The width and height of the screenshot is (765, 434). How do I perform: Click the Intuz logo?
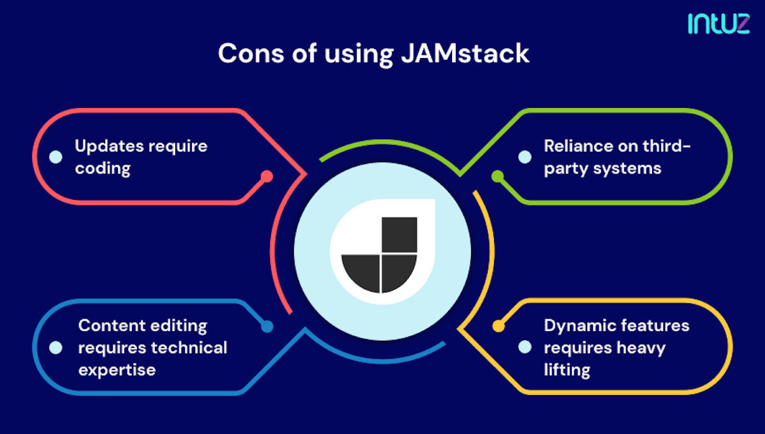(x=718, y=23)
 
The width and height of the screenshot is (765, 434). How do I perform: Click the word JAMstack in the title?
(x=465, y=54)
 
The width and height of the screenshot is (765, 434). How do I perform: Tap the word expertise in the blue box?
(x=117, y=370)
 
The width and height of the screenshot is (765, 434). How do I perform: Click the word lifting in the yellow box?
(x=567, y=370)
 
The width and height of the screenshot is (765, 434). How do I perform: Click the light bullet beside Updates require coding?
(x=55, y=156)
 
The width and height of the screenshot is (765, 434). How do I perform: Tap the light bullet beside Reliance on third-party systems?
(x=524, y=156)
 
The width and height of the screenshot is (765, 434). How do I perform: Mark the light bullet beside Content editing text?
(x=55, y=348)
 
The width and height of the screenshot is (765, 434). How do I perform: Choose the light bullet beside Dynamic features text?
(x=524, y=348)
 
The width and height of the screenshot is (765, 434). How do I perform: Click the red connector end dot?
(x=266, y=176)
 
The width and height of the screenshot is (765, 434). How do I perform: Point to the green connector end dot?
(x=498, y=176)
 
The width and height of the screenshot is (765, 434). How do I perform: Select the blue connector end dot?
(x=266, y=326)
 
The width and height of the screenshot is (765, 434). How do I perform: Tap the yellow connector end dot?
(x=498, y=326)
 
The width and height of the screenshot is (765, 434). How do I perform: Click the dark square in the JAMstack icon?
(x=399, y=234)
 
